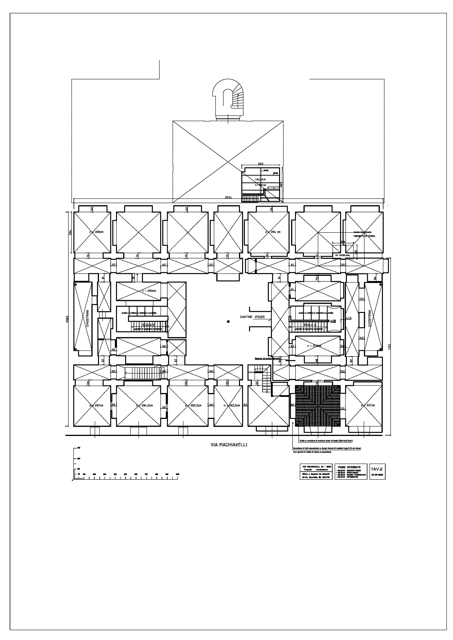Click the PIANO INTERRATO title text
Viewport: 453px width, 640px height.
pos(349,467)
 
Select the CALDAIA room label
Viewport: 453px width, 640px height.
pos(260,179)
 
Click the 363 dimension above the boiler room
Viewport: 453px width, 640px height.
pos(260,164)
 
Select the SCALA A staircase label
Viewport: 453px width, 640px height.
pos(310,325)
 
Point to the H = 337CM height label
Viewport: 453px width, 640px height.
pos(368,405)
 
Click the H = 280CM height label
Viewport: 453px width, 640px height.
pos(96,232)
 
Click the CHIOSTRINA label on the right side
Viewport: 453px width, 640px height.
pos(370,319)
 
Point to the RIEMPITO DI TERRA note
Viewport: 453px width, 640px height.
pos(364,236)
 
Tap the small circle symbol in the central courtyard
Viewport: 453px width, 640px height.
pos(228,322)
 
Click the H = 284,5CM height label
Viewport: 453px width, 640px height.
pos(144,406)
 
